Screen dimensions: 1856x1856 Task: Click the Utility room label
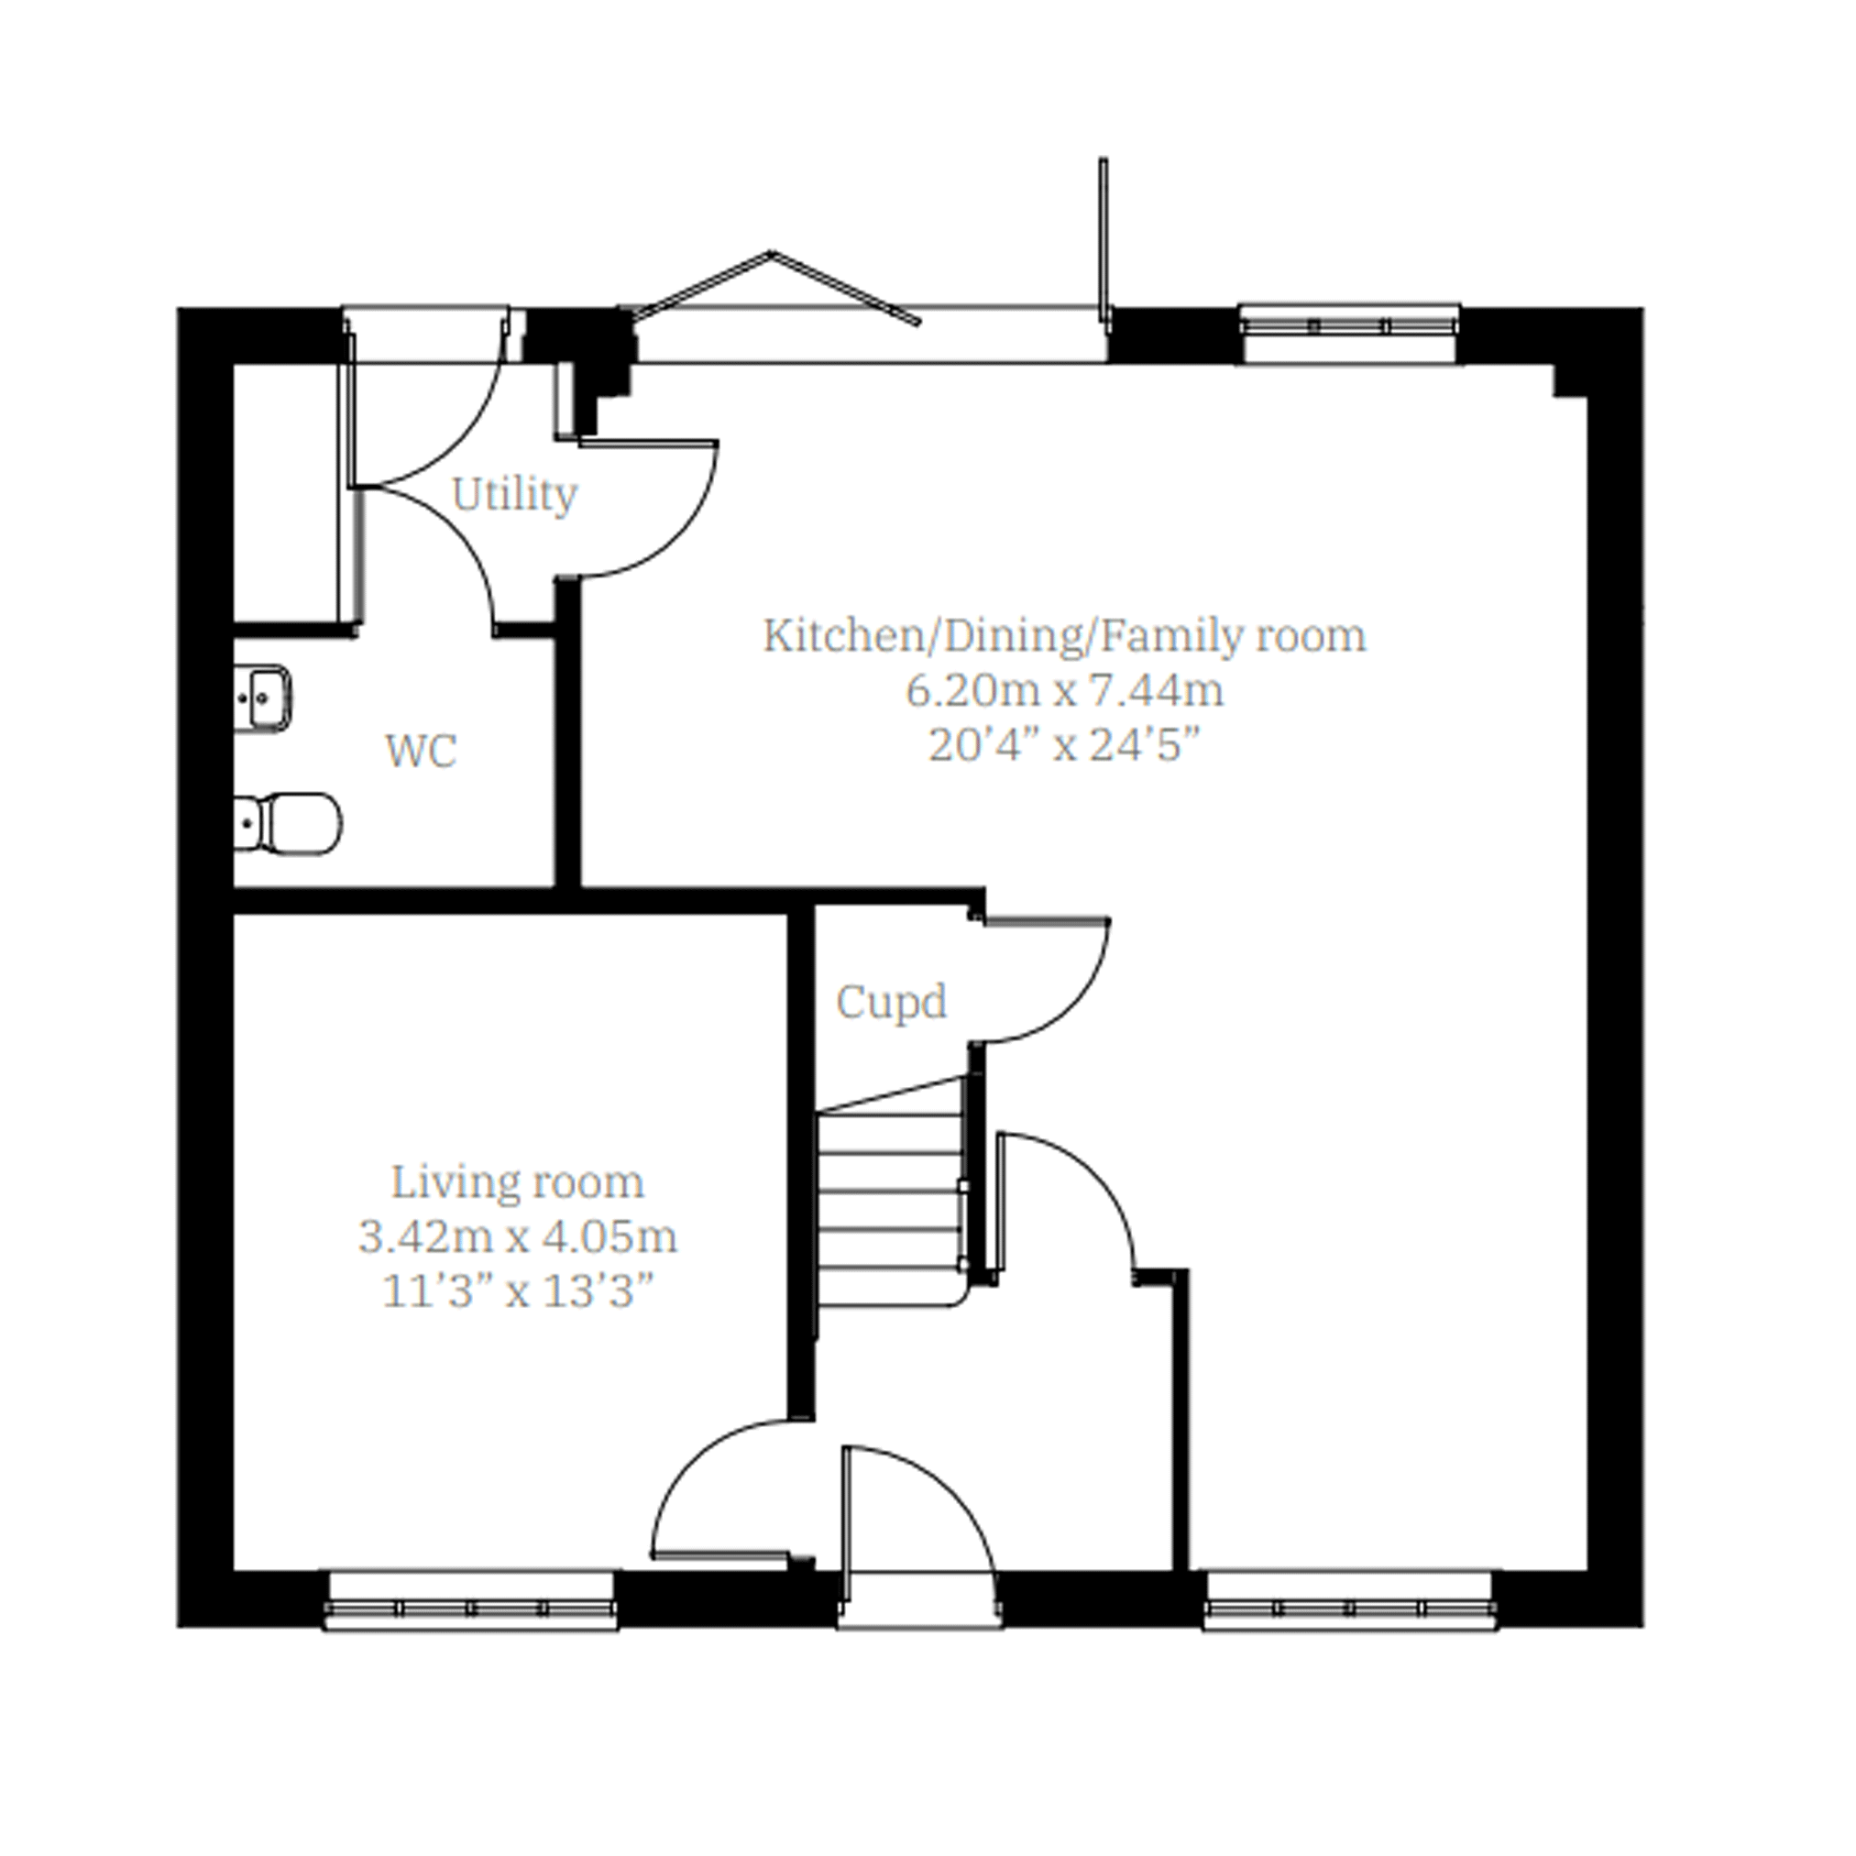click(515, 496)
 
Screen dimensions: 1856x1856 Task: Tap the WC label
click(421, 752)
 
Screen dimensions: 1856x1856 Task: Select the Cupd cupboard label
click(892, 1003)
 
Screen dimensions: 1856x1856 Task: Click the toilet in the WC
click(287, 823)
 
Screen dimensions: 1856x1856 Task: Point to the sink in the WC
click(261, 698)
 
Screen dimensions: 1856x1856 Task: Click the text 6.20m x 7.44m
click(1065, 691)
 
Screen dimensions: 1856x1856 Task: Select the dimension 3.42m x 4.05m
click(518, 1237)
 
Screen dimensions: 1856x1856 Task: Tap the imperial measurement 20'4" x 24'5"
click(1065, 745)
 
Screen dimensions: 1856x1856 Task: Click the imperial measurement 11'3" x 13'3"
click(518, 1292)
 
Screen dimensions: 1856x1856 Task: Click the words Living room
click(518, 1182)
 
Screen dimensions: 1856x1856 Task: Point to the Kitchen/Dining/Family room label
click(1065, 636)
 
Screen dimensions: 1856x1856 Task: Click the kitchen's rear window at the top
click(1351, 335)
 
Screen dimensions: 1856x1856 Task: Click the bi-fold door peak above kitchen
click(772, 253)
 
